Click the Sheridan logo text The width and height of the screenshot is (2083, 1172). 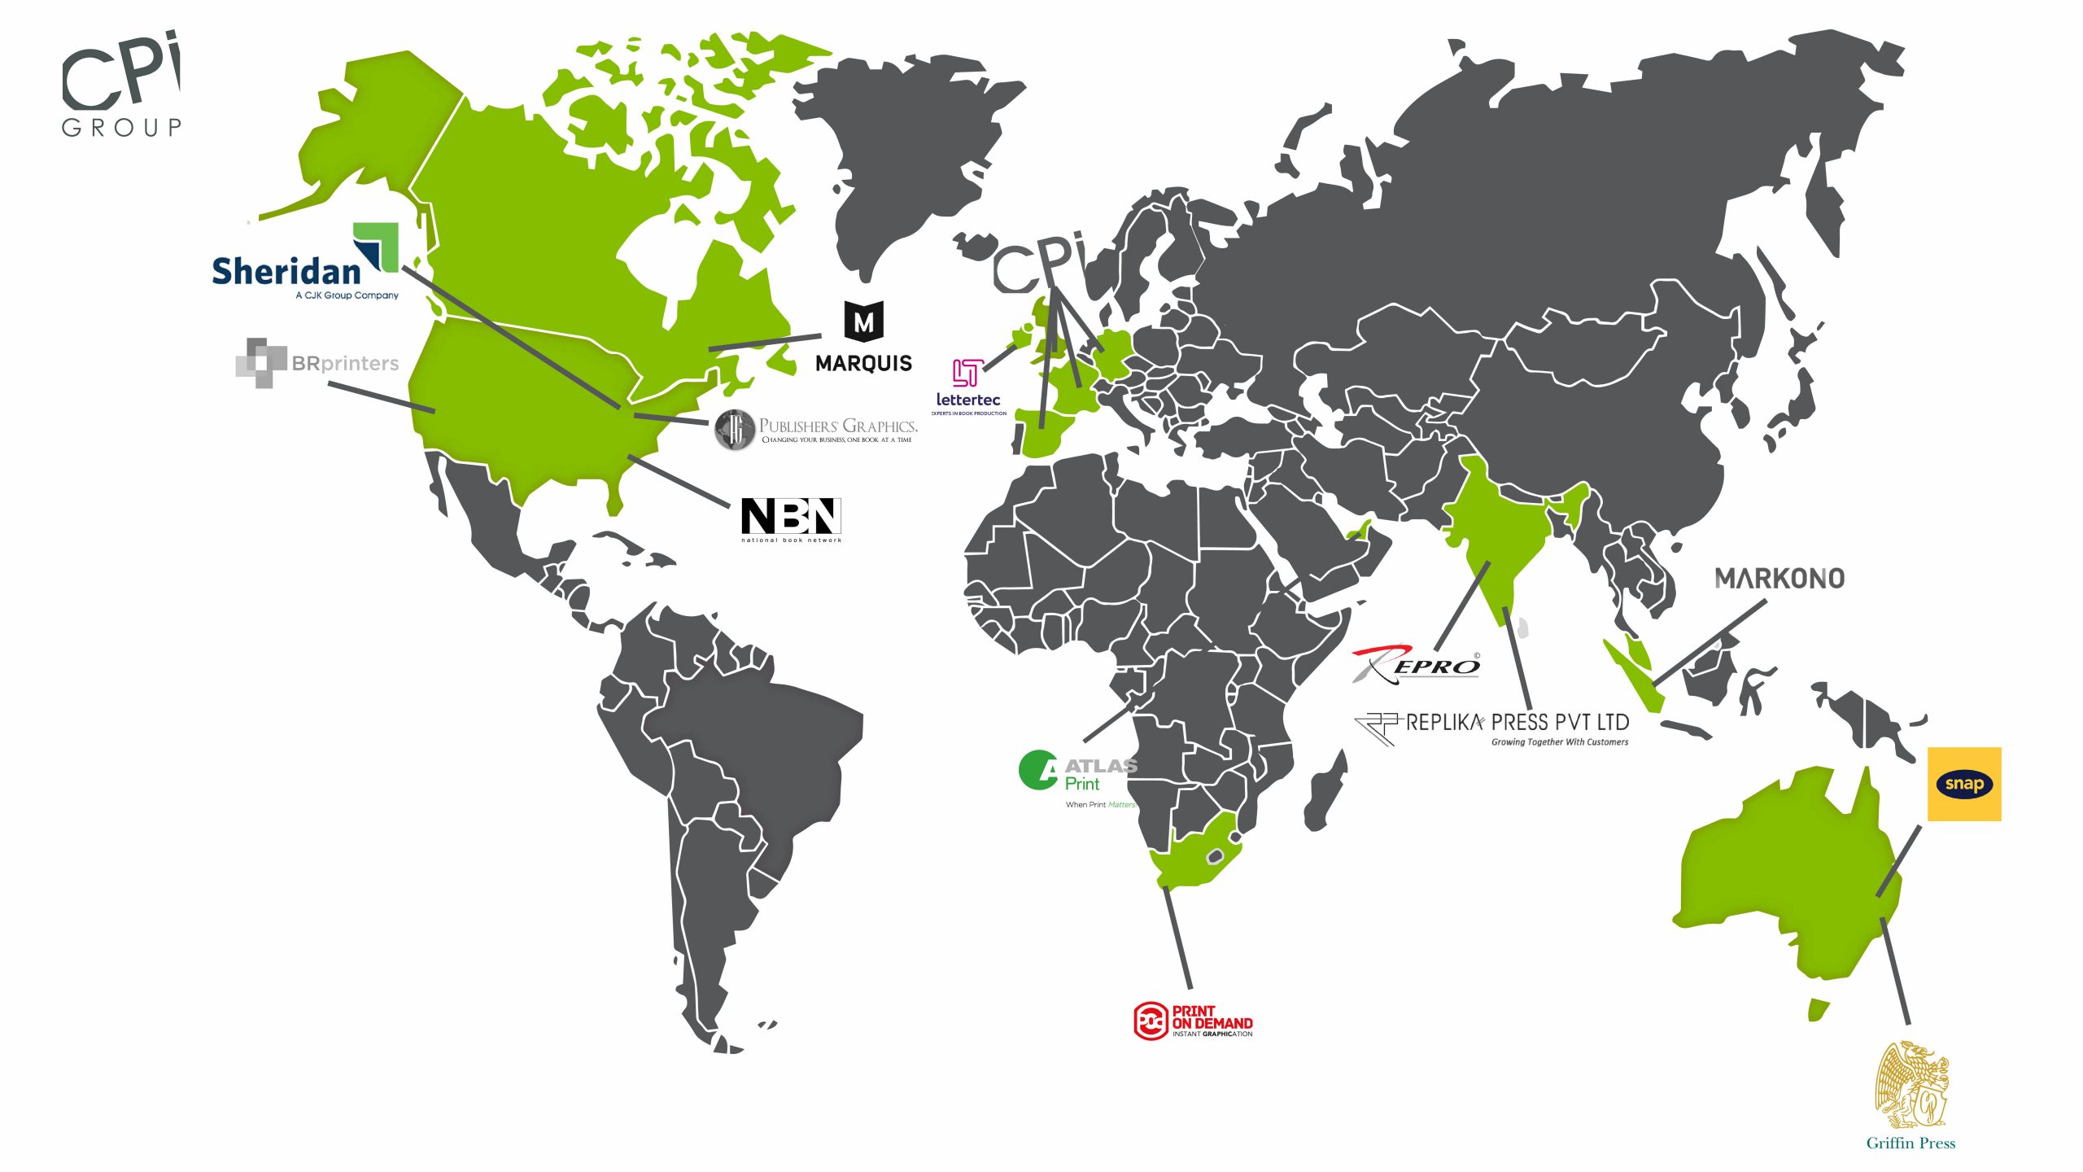click(286, 272)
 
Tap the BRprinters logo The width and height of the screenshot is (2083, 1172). click(317, 363)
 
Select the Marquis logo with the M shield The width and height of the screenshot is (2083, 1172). click(863, 337)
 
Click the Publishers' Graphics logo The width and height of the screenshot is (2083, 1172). click(816, 429)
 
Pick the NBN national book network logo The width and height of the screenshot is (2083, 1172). click(791, 518)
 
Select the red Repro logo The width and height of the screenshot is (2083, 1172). click(1416, 664)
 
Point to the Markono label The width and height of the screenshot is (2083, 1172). click(1780, 579)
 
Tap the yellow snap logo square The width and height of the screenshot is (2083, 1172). click(1964, 784)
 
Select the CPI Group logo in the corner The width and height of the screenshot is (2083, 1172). click(121, 84)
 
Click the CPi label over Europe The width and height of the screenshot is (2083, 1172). click(1039, 264)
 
